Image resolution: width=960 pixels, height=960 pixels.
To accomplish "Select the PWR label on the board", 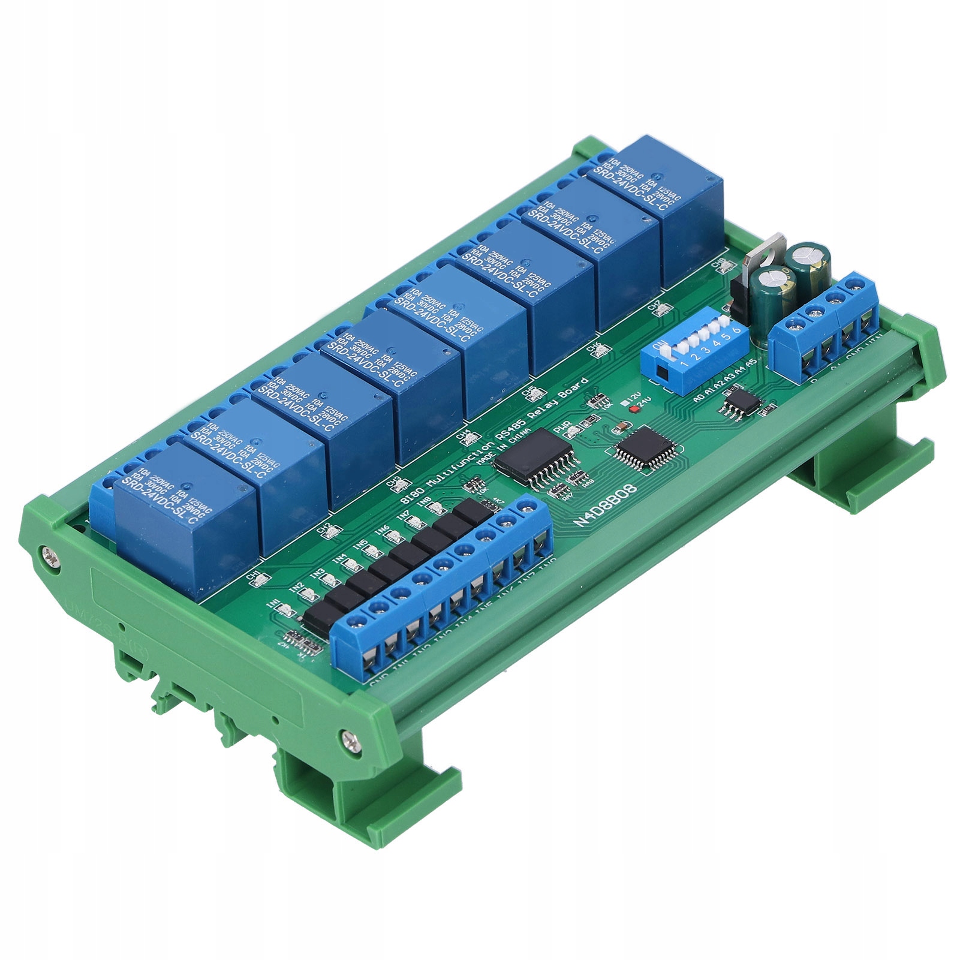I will pos(562,427).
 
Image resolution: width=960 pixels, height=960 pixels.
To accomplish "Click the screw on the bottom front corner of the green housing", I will pos(350,741).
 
